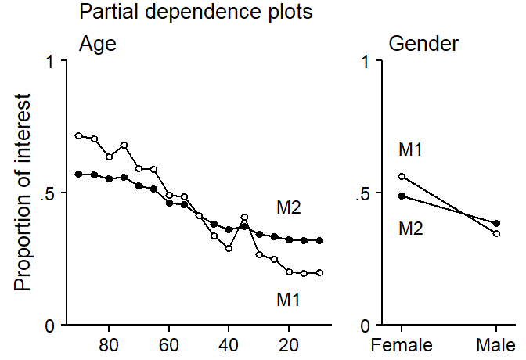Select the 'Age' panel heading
97,44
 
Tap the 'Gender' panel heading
423,44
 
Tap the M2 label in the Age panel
288,208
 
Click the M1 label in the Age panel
288,299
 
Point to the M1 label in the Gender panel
412,149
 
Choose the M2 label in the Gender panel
412,229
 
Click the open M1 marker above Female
402,177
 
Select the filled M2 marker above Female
402,196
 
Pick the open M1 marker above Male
496,233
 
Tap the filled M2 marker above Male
496,223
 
